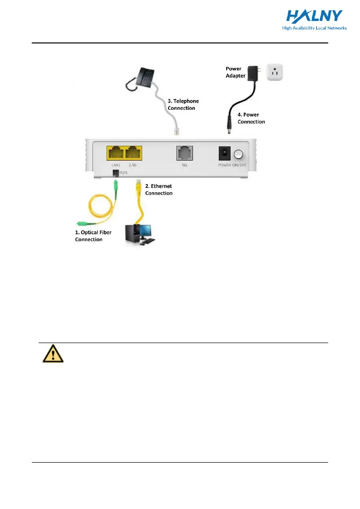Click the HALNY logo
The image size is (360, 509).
click(314, 18)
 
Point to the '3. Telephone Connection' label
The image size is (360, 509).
click(183, 104)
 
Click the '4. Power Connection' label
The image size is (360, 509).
click(251, 118)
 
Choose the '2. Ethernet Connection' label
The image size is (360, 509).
click(159, 189)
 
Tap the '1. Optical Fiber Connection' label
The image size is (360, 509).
click(93, 236)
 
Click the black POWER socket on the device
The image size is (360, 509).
click(225, 155)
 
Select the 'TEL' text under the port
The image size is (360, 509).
click(185, 166)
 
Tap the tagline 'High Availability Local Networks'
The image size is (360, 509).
click(314, 28)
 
